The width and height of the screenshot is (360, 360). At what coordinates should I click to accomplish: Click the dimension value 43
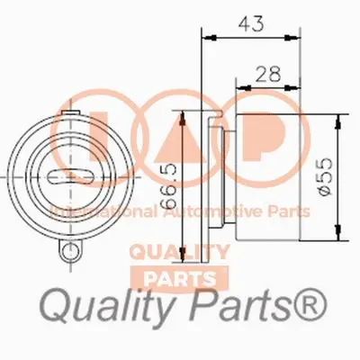pos(255,23)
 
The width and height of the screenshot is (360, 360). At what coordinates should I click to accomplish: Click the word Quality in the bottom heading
pos(103,311)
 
